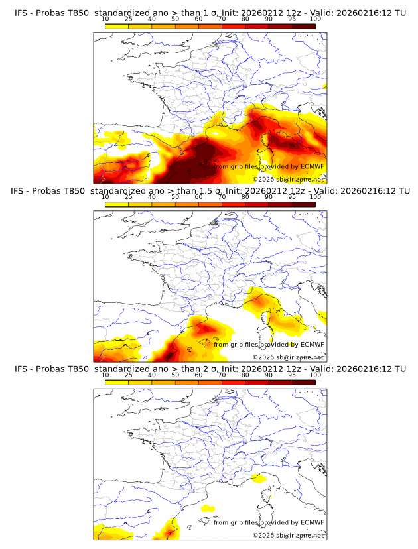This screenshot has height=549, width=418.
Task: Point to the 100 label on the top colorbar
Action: [x=315, y=19]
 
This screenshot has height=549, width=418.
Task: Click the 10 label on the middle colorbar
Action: [x=105, y=197]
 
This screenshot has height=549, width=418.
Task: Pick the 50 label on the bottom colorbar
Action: [x=175, y=375]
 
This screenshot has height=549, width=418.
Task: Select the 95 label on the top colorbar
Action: [x=292, y=19]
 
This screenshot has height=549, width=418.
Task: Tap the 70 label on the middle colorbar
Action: [x=222, y=197]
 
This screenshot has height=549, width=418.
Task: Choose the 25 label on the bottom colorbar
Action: [x=129, y=375]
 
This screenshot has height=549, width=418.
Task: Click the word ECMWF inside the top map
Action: [x=312, y=166]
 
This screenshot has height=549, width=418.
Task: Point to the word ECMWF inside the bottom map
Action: [x=312, y=522]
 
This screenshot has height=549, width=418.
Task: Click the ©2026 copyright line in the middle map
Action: [x=288, y=357]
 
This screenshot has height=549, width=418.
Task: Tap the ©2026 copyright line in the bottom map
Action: [x=288, y=535]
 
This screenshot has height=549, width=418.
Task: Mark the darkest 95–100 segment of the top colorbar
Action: [x=303, y=26]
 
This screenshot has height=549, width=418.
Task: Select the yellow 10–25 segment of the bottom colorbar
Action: [x=117, y=382]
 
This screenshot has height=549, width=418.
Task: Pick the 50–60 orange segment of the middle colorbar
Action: [x=186, y=204]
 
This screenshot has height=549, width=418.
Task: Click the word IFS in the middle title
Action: [x=21, y=190]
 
